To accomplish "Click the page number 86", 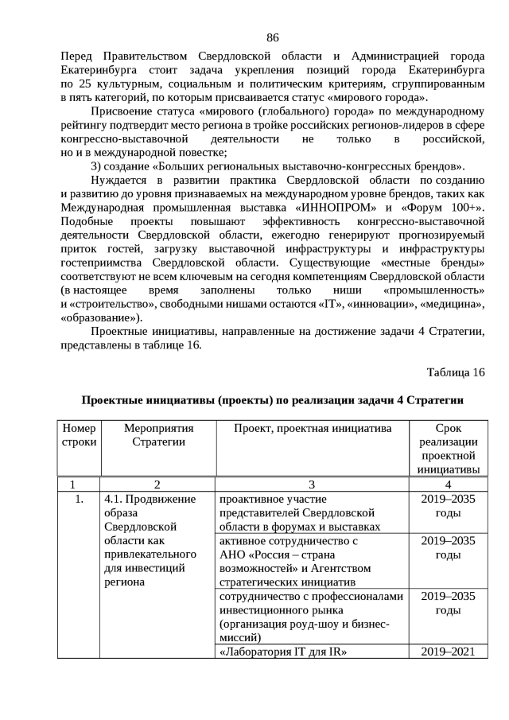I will click(x=272, y=37).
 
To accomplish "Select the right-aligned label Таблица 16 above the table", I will click(x=455, y=372).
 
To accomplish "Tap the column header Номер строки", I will click(x=78, y=435).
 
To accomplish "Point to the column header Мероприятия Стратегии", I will click(x=157, y=435).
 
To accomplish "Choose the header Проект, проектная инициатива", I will click(x=312, y=429).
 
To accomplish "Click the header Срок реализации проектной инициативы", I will click(x=448, y=449).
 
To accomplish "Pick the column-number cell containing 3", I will click(x=312, y=484).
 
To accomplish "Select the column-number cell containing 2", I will click(x=157, y=484).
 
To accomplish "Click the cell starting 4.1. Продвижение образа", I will click(x=150, y=540).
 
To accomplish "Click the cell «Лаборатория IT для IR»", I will click(x=285, y=652).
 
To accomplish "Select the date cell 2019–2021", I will click(x=448, y=652).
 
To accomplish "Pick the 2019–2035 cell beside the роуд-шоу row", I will click(x=448, y=603).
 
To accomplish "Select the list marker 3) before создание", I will click(x=97, y=166).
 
